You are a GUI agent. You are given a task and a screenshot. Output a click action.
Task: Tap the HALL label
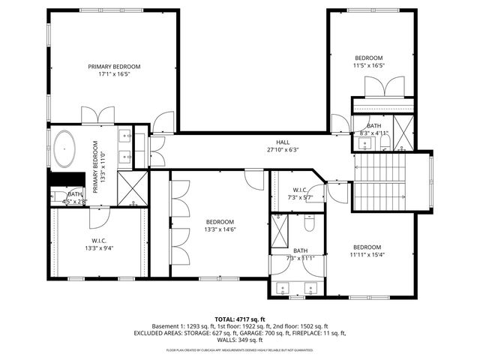tap(282, 141)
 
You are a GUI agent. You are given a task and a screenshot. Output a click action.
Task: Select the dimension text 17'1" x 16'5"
tap(113, 75)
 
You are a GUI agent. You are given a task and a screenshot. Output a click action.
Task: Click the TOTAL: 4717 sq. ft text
tap(240, 319)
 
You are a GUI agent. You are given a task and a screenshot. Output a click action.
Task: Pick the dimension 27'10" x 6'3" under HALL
tap(282, 149)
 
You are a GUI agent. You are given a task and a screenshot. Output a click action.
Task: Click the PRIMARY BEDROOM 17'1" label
tap(113, 67)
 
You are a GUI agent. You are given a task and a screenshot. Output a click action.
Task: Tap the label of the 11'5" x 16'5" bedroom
tap(369, 58)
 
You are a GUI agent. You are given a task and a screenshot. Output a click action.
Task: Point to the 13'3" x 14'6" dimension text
tap(220, 230)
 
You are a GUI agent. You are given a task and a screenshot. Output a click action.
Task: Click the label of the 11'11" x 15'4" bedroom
tap(367, 247)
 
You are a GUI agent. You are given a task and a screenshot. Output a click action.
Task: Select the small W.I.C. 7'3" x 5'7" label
tap(299, 190)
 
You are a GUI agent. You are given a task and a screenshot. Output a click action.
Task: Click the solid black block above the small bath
tap(65, 178)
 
